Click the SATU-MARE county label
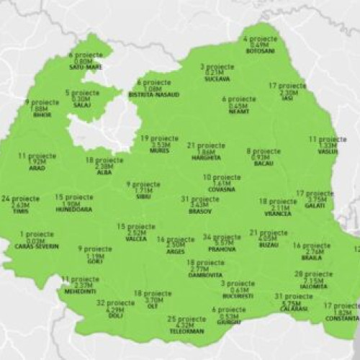(86, 67)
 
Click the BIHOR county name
(42, 115)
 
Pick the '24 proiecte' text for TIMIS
(16, 198)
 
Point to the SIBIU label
(144, 196)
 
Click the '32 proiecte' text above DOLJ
(110, 303)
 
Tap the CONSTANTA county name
(342, 318)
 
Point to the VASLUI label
(326, 152)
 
